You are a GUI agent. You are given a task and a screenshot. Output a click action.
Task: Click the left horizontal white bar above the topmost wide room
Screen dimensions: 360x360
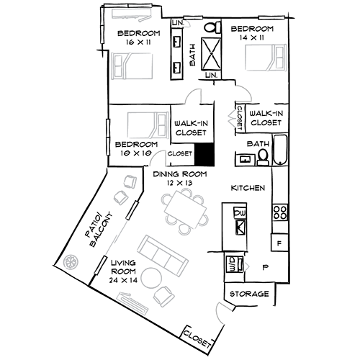pos(115,6)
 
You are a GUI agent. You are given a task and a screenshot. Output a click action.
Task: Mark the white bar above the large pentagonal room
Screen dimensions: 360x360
pos(271,17)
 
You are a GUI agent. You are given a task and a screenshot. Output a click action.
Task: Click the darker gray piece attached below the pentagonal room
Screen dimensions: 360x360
pos(250,91)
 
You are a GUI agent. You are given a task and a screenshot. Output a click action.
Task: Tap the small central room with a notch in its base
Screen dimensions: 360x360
pos(194,94)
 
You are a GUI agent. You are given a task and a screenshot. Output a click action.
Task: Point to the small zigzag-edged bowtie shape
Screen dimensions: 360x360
pos(230,117)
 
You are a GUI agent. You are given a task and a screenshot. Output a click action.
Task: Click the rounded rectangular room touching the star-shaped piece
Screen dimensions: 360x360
pos(145,124)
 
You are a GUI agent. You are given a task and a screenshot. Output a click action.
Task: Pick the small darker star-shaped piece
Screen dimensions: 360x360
pos(159,156)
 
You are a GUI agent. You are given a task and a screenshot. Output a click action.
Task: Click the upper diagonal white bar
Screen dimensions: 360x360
pos(132,211)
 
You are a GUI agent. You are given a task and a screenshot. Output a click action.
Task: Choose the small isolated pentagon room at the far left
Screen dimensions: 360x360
pos(75,260)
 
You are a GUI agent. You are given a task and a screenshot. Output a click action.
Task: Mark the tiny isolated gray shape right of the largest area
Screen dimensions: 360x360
pos(250,265)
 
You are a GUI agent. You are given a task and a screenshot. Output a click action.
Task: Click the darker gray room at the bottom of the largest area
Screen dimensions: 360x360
pos(212,310)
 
